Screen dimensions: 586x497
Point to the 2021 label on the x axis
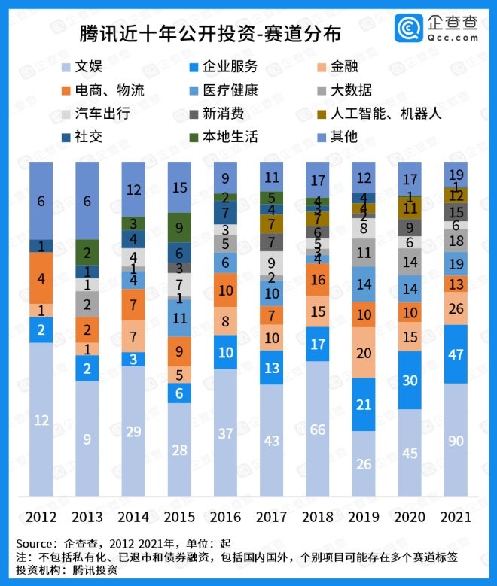(x=456, y=518)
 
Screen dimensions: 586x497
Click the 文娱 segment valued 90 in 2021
(x=456, y=440)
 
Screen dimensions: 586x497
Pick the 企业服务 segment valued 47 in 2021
(x=456, y=354)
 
